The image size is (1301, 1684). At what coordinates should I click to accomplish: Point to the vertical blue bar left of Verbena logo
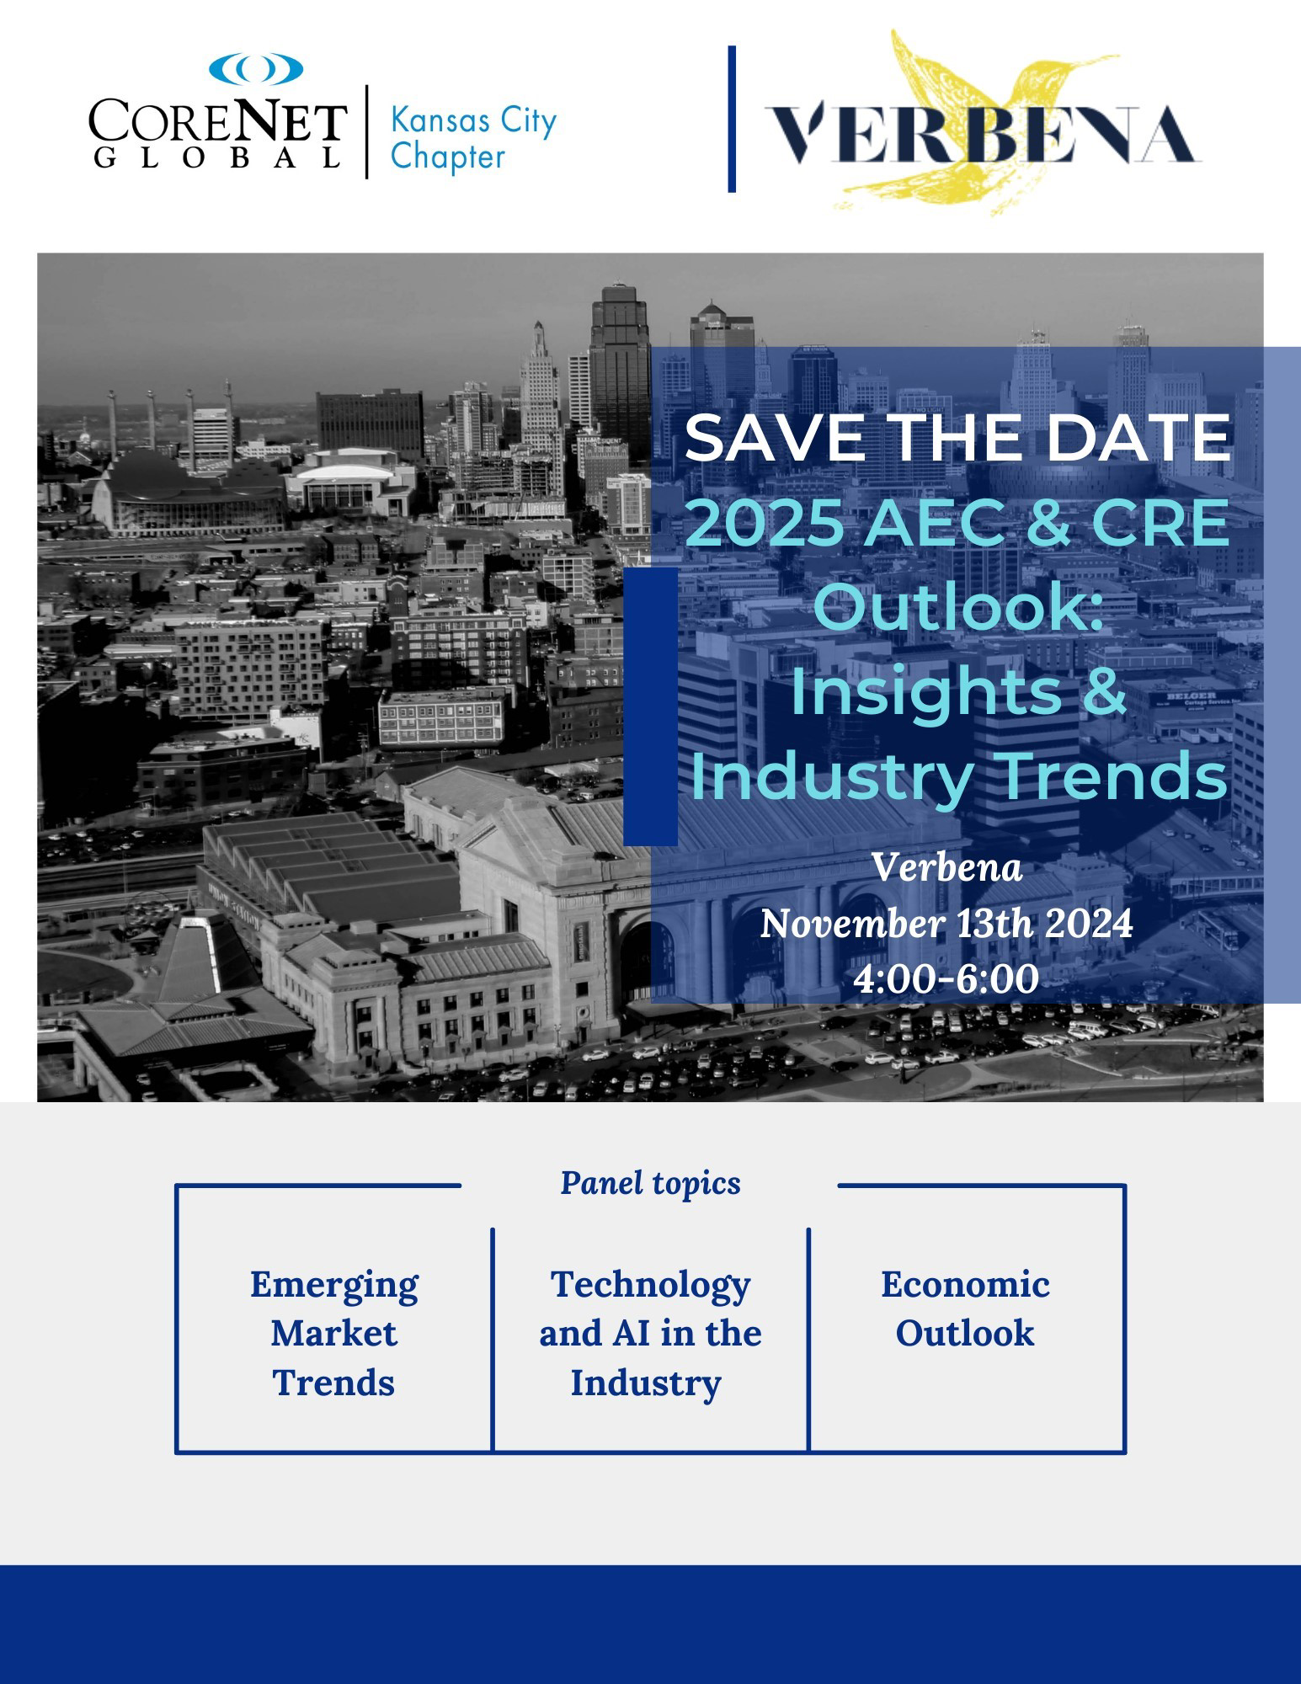732,119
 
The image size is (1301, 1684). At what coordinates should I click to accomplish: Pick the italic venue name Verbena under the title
947,867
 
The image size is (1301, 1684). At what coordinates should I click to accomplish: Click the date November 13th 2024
946,924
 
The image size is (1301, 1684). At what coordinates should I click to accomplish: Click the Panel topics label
650,1183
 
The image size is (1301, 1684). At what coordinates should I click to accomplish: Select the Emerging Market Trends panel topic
333,1334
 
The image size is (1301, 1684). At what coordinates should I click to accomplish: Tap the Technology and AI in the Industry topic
650,1334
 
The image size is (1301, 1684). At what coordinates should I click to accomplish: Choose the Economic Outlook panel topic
965,1309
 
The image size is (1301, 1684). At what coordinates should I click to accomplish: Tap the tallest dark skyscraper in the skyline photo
621,370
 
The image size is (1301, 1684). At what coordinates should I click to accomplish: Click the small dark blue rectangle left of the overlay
650,706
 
